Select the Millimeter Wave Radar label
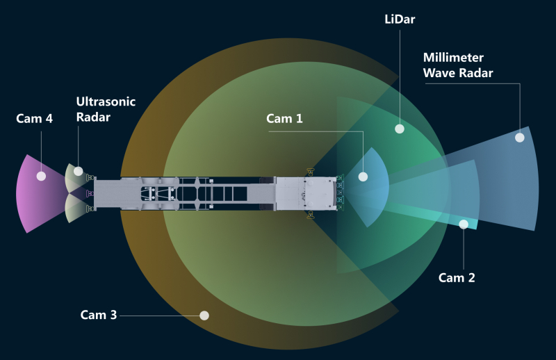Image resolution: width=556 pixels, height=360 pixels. [459, 65]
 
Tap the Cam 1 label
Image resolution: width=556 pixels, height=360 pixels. [284, 118]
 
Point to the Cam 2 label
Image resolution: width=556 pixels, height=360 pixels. [457, 277]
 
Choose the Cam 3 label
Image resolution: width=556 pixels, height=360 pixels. [98, 315]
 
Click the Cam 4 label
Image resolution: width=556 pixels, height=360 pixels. [34, 118]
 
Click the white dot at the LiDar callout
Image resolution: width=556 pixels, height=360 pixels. [400, 129]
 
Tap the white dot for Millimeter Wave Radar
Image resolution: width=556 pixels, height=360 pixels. [519, 138]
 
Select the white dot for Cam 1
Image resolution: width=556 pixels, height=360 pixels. [363, 177]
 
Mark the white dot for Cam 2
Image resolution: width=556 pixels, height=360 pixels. [464, 224]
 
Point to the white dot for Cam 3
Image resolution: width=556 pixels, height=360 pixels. [204, 315]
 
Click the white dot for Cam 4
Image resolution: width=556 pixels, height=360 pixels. [41, 176]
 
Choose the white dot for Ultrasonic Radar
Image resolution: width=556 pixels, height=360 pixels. [79, 171]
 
